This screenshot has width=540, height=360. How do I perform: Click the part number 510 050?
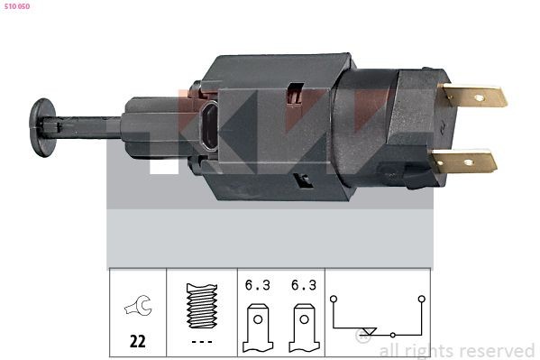pos(17,6)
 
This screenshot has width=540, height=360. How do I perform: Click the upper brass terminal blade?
pos(474,96)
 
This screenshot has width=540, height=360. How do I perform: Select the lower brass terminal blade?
pos(464,161)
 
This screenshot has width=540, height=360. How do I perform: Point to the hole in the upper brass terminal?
pos(479,98)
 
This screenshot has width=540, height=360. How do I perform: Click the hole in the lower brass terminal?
pos(469,162)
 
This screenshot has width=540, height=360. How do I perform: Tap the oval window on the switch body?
pos(210,126)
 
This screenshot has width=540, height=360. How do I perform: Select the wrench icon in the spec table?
pos(139,305)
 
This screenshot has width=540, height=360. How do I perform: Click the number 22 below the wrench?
pos(138,341)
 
